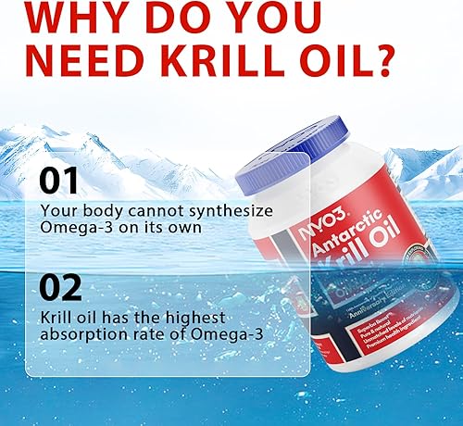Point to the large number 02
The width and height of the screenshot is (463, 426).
(x=60, y=290)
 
